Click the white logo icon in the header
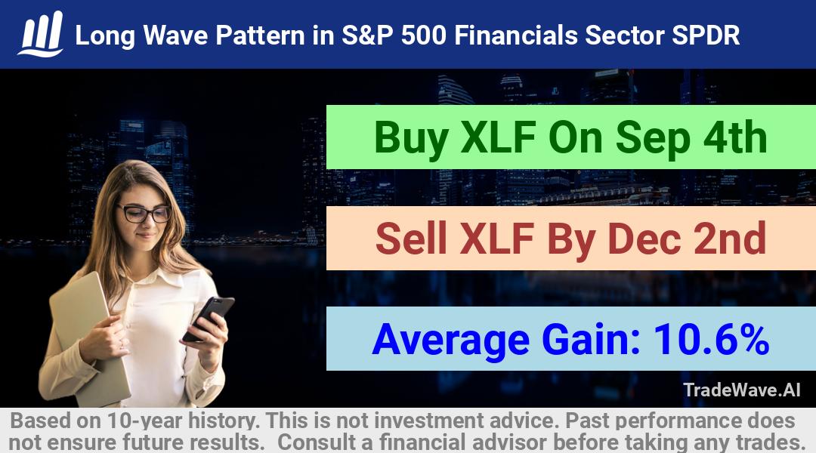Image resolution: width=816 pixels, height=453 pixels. tap(41, 34)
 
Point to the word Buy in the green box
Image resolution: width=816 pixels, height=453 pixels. tap(411, 138)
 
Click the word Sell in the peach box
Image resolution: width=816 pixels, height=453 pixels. tap(411, 238)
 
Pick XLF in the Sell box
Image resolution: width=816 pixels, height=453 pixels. tap(497, 238)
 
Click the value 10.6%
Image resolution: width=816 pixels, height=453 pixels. tap(711, 339)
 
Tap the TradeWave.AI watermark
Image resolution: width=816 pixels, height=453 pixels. tap(742, 390)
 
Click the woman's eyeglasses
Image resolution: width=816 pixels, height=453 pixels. tap(144, 213)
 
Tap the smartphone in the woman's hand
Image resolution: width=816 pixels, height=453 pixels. tap(209, 318)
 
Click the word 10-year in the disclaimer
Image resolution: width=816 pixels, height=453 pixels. tap(146, 421)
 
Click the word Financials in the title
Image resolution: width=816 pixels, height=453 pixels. tap(516, 35)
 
